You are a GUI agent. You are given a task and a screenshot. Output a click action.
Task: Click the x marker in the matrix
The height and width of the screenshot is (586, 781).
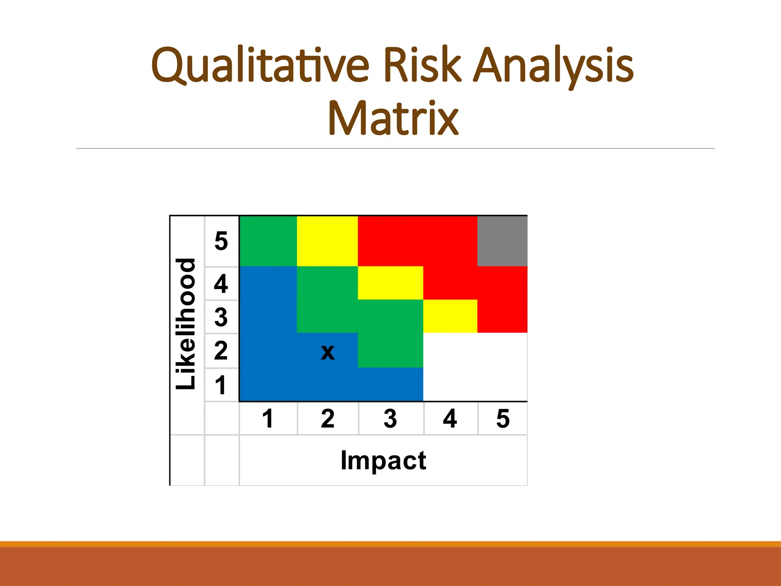(x=328, y=352)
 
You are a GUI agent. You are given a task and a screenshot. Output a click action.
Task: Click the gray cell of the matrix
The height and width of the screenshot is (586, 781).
(x=502, y=241)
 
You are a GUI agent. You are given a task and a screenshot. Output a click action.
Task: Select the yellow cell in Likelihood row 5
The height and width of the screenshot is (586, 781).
(x=327, y=241)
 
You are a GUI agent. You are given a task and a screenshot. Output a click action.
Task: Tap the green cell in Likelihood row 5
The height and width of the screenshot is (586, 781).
(x=268, y=241)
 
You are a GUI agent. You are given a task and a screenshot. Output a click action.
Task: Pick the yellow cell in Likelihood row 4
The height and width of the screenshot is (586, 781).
(x=390, y=283)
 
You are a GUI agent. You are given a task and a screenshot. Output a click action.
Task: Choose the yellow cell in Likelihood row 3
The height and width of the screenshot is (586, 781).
(x=450, y=316)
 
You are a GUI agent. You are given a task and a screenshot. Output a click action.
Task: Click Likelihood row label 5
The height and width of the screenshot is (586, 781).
(x=221, y=241)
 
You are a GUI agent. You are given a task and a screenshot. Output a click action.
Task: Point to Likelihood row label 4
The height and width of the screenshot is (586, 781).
(x=221, y=283)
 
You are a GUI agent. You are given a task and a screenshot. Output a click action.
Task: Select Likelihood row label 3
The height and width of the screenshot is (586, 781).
(x=221, y=317)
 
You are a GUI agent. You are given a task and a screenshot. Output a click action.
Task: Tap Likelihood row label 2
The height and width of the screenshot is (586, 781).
(x=221, y=351)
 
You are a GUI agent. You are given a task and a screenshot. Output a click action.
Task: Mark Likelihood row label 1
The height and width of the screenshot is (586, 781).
(x=221, y=385)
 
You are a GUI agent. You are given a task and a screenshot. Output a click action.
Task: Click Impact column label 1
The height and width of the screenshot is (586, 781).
(x=268, y=419)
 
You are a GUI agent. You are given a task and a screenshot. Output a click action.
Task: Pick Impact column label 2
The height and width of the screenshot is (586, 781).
(x=328, y=419)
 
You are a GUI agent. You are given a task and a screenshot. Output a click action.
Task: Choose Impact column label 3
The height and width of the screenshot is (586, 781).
(x=390, y=419)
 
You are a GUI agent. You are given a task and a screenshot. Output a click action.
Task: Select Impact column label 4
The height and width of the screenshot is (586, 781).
(x=450, y=419)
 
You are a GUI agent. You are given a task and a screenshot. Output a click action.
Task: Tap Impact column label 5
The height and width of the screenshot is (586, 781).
(x=503, y=419)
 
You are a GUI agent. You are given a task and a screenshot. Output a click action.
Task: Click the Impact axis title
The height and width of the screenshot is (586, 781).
(x=383, y=460)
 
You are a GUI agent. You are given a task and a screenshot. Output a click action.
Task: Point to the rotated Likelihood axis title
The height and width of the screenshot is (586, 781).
(x=186, y=324)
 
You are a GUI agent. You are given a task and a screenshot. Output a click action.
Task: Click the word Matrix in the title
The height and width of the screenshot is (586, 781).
(x=393, y=119)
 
